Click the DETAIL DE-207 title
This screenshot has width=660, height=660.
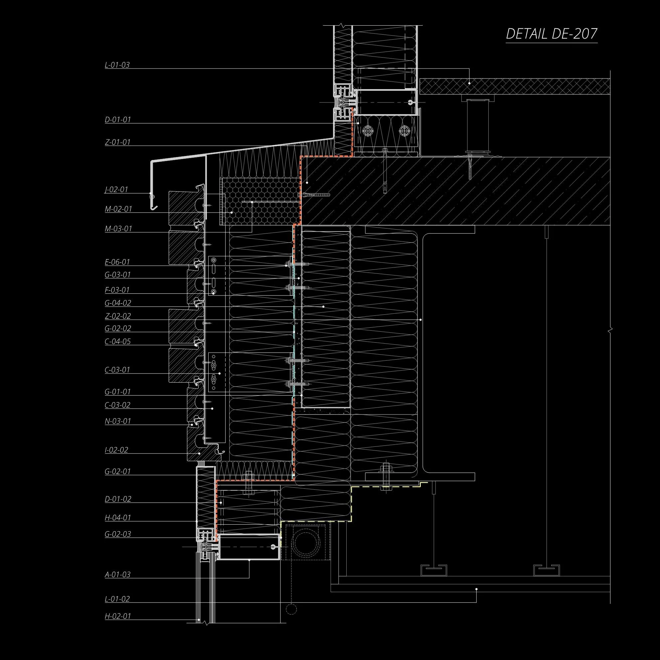[551, 34]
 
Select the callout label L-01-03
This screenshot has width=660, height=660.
[117, 65]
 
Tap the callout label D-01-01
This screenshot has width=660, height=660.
[117, 120]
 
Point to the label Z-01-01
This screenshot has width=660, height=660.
[117, 142]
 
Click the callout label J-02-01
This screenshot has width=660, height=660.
[116, 190]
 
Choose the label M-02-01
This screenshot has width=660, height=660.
[118, 209]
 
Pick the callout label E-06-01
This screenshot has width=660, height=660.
[117, 262]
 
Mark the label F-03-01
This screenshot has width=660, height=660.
[117, 290]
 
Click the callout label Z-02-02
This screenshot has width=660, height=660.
[117, 316]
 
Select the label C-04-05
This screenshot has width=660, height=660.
[117, 342]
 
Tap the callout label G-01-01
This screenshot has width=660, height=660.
[117, 392]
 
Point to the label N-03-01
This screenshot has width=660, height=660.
[117, 421]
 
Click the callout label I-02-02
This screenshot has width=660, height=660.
[116, 450]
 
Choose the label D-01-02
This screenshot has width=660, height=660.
[118, 499]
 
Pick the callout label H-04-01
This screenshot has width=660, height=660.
[117, 518]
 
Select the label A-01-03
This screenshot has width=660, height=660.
[117, 575]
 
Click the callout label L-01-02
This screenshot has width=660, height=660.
[117, 599]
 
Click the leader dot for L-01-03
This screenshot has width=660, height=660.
[469, 83]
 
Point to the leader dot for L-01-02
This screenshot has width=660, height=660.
[477, 589]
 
